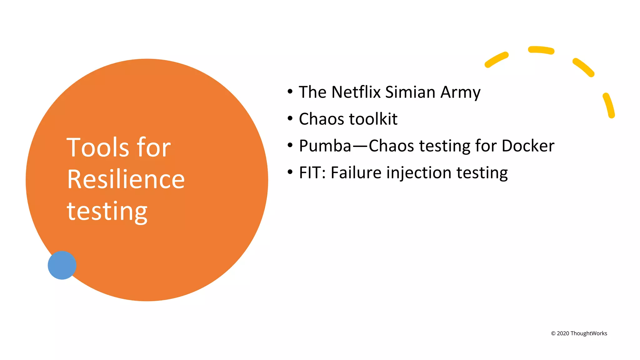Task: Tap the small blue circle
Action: click(x=62, y=265)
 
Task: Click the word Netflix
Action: click(x=356, y=92)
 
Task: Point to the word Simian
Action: click(x=410, y=92)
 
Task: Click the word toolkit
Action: click(x=373, y=119)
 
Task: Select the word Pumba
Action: click(x=325, y=146)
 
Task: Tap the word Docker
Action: click(x=528, y=146)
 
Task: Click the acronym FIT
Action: click(x=311, y=173)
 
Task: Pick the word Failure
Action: click(x=356, y=173)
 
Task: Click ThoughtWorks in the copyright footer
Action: click(x=589, y=333)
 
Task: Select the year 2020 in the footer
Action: click(x=563, y=333)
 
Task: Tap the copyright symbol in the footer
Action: click(x=553, y=333)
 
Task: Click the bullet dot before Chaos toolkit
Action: click(x=290, y=118)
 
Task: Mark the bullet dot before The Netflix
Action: click(x=290, y=92)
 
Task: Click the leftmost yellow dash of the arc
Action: click(x=496, y=60)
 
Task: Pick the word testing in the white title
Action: click(x=107, y=212)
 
